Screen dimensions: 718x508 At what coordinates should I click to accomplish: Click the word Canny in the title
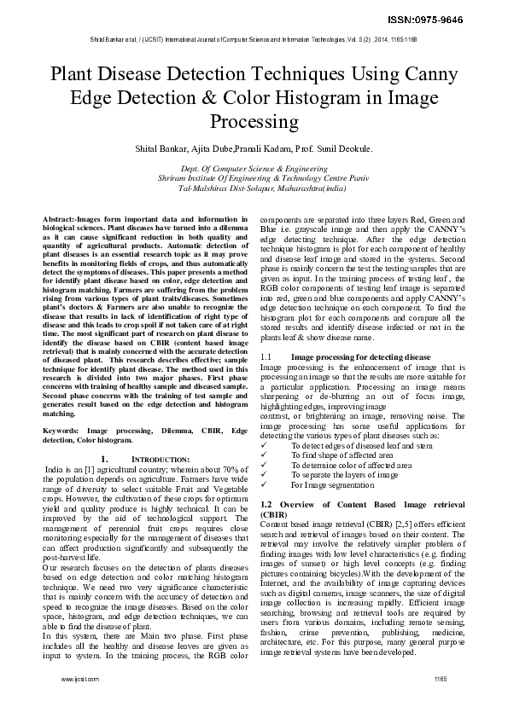coord(423,74)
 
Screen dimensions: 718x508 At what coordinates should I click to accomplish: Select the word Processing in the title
coord(254,121)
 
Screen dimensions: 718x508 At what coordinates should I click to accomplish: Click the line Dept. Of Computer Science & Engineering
coord(254,170)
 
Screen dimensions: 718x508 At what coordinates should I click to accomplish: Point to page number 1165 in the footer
coord(440,678)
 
